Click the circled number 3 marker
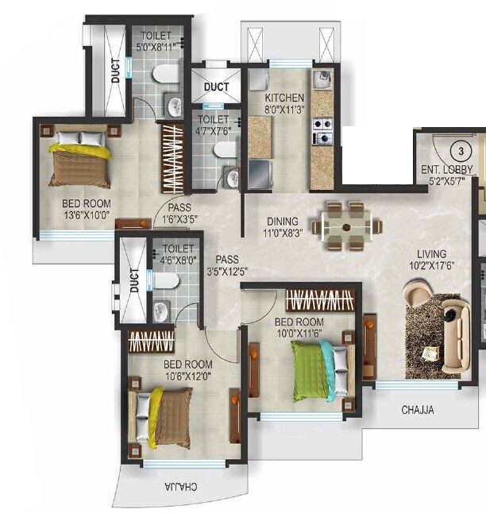[x=459, y=150]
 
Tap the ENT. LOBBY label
[x=447, y=169]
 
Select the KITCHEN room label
[x=284, y=98]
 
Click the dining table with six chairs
[x=346, y=226]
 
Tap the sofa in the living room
[x=457, y=334]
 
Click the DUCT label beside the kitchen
[x=216, y=87]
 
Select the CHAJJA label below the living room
[x=417, y=411]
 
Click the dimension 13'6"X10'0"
[x=86, y=215]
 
